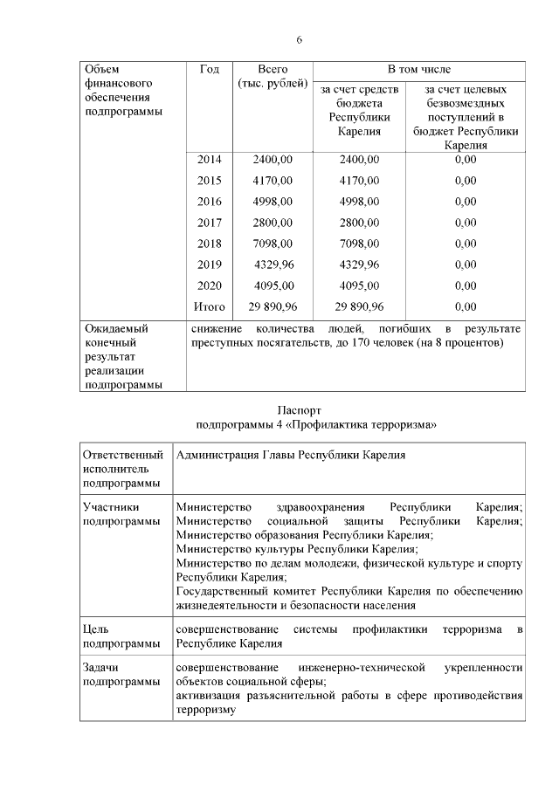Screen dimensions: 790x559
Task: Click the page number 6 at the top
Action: click(299, 40)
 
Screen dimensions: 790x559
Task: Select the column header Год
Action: click(209, 69)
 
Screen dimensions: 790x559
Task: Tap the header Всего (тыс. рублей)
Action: click(273, 76)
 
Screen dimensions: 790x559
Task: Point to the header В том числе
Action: click(419, 69)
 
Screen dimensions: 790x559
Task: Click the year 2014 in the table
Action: click(209, 160)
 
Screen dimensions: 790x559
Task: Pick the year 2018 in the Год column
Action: click(209, 244)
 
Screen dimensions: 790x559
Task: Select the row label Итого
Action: click(209, 306)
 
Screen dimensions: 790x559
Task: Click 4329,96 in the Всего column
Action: click(273, 264)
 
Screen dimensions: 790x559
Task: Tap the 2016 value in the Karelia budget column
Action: click(359, 202)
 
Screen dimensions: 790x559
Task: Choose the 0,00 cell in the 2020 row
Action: click(466, 285)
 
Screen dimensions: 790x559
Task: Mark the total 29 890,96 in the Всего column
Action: click(273, 306)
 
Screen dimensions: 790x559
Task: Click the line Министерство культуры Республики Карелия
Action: click(296, 549)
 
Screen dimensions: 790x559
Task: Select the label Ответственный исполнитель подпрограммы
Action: click(122, 469)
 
